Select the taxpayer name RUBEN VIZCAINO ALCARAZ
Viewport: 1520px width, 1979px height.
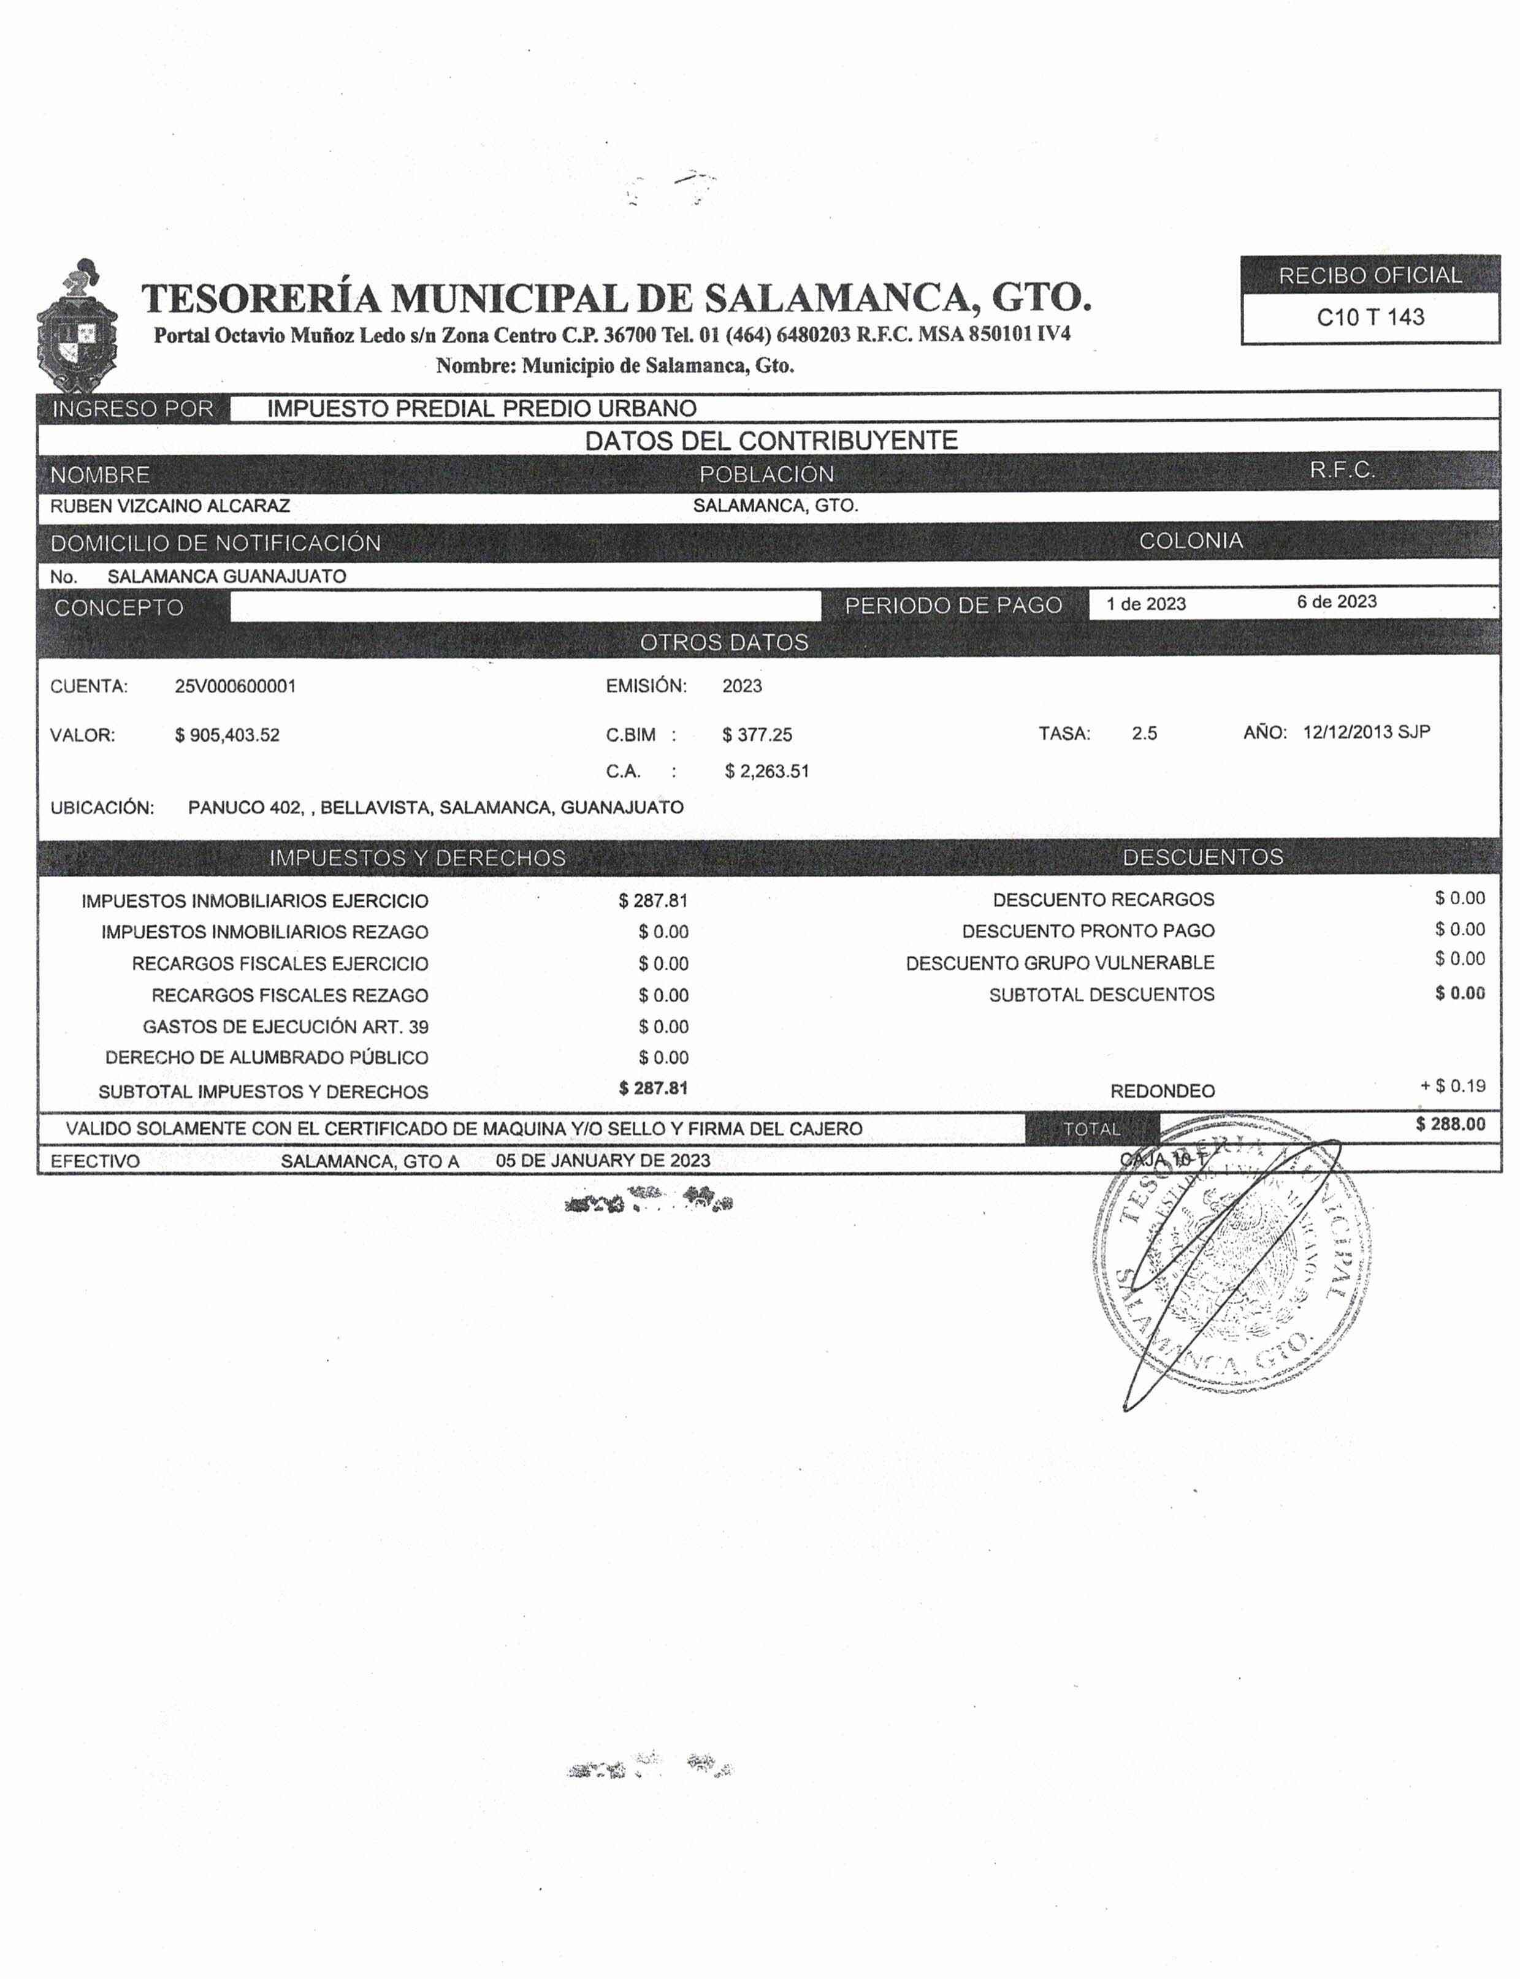pyautogui.click(x=170, y=506)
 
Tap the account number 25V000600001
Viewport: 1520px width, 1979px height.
pyautogui.click(x=235, y=686)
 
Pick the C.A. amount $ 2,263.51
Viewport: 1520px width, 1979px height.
pyautogui.click(x=766, y=772)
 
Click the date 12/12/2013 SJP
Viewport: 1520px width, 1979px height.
pyautogui.click(x=1366, y=732)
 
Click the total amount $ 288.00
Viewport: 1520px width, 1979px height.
pyautogui.click(x=1450, y=1124)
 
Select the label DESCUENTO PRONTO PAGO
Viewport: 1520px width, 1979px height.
pyautogui.click(x=1088, y=932)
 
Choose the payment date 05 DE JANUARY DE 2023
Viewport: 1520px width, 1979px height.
pyautogui.click(x=603, y=1160)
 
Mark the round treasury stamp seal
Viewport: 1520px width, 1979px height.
pyautogui.click(x=1231, y=1266)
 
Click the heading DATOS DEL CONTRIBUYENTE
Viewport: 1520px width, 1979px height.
pyautogui.click(x=771, y=441)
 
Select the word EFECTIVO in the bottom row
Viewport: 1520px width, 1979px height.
pyautogui.click(x=95, y=1161)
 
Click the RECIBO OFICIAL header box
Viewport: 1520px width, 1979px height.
pyautogui.click(x=1370, y=275)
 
